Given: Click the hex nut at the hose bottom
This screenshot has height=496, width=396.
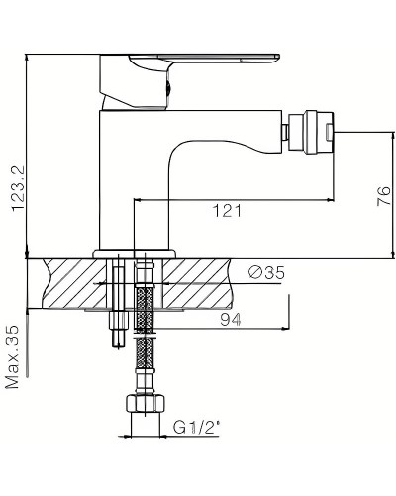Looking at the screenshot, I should tap(145, 407).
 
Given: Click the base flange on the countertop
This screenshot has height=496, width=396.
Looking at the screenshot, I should tap(134, 253).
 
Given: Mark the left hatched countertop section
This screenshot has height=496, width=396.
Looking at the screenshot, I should tap(74, 283).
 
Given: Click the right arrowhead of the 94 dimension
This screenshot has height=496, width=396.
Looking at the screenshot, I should tap(288, 330).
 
